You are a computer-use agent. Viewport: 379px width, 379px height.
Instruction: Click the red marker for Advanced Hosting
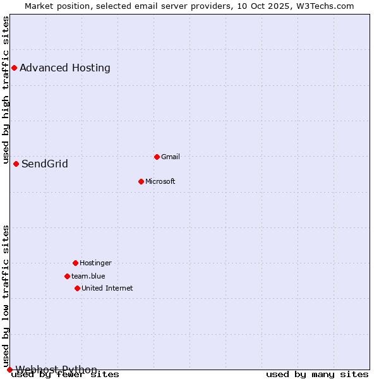coord(14,68)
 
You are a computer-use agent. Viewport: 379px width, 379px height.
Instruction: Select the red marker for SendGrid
coord(16,164)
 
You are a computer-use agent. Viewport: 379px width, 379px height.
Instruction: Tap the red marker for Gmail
coord(157,157)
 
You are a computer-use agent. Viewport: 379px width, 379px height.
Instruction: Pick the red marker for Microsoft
coord(141,181)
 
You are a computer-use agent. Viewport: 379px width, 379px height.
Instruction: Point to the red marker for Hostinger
coord(75,263)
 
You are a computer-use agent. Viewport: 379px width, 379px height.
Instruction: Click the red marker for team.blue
coord(67,276)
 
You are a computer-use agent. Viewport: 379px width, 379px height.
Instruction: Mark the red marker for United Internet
coord(77,288)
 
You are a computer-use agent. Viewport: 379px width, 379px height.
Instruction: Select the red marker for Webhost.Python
coord(9,370)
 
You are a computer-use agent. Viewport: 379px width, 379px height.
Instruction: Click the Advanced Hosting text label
coord(65,68)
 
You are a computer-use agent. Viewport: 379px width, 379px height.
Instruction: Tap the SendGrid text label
coord(45,164)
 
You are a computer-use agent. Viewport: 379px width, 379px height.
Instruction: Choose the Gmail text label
coord(171,157)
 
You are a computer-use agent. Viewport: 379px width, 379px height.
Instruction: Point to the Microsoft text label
coord(160,181)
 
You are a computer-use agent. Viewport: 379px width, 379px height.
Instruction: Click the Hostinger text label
coord(95,263)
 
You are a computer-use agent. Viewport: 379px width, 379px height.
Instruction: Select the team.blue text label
coord(88,276)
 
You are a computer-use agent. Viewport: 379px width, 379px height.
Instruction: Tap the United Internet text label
coord(107,288)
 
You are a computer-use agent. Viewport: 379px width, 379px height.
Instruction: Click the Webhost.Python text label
coord(56,370)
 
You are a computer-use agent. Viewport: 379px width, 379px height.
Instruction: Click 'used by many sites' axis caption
coord(317,375)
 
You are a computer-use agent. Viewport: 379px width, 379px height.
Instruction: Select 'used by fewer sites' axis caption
coord(66,375)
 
